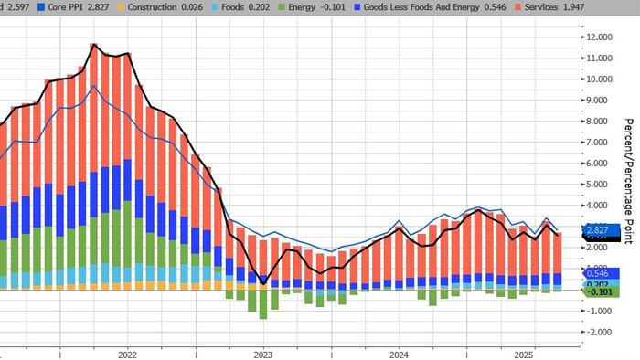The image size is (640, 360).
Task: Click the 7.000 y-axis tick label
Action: (x=601, y=143)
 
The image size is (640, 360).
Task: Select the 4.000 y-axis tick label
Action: (x=601, y=206)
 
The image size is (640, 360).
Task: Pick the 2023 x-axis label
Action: (x=262, y=353)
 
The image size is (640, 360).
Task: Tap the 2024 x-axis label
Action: (x=399, y=353)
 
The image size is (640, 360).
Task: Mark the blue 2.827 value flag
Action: (x=599, y=229)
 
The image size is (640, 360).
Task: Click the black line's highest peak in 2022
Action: (x=93, y=44)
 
